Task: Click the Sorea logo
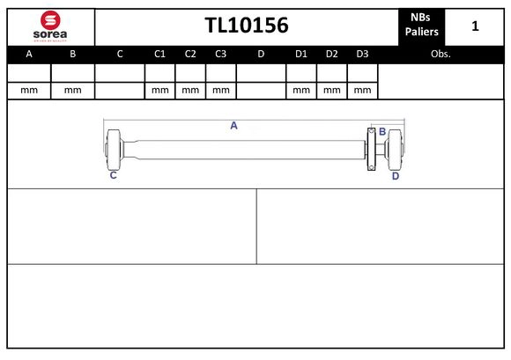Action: [49, 27]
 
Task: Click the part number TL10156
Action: [247, 26]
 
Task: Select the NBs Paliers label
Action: [421, 26]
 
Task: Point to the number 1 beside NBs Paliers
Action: [475, 26]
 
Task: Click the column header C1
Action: [160, 54]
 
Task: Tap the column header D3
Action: [362, 54]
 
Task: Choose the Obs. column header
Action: [441, 54]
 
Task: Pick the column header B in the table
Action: [73, 54]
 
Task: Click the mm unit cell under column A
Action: [29, 90]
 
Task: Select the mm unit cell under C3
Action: [221, 90]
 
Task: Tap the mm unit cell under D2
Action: [331, 90]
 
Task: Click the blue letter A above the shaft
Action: [234, 126]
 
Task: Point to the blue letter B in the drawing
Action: [382, 132]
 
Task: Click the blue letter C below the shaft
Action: [113, 176]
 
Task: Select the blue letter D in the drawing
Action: [396, 176]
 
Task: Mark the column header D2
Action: [331, 54]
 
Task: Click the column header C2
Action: [190, 54]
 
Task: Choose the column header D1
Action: [300, 54]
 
